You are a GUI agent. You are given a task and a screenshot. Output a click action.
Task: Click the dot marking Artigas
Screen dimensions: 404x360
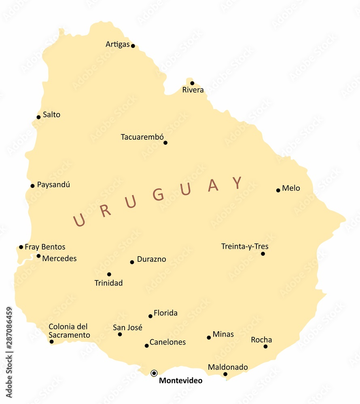tap(133, 46)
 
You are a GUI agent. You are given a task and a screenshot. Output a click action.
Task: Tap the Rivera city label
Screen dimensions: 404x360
tap(193, 90)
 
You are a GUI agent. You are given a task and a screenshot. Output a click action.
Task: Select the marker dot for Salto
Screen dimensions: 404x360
tap(38, 117)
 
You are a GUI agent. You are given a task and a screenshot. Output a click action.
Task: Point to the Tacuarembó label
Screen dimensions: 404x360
tap(142, 137)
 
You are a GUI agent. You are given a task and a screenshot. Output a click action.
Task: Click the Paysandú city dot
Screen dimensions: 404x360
tap(32, 186)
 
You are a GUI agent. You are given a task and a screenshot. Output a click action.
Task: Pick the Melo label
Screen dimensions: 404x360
tap(291, 188)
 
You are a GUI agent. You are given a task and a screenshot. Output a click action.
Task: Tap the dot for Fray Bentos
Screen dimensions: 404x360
tap(21, 247)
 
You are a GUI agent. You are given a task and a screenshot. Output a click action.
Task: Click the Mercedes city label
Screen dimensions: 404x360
tap(59, 259)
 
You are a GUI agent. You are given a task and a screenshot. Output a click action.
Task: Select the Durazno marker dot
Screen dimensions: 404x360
tap(132, 262)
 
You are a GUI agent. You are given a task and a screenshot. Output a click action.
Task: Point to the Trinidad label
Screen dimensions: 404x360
tap(108, 283)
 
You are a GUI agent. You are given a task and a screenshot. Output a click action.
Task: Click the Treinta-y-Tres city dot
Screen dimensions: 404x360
tap(263, 254)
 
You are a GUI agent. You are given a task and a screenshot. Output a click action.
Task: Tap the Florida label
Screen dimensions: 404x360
tap(165, 313)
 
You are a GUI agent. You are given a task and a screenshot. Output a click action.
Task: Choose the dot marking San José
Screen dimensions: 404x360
tap(120, 335)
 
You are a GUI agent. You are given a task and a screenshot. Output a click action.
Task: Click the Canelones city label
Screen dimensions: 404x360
tap(167, 342)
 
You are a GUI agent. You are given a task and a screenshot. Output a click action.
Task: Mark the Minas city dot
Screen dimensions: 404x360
tap(209, 338)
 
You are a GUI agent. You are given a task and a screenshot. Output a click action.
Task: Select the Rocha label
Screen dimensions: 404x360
tap(261, 340)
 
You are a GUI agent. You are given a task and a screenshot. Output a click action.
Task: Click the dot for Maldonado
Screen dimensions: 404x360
tap(225, 374)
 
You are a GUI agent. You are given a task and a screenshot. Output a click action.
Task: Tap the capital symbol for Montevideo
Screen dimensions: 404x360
tap(154, 373)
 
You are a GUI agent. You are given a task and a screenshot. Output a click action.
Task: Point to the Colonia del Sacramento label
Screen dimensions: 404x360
tap(69, 331)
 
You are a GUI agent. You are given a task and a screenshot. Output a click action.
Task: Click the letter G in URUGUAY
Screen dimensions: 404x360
tap(159, 195)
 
